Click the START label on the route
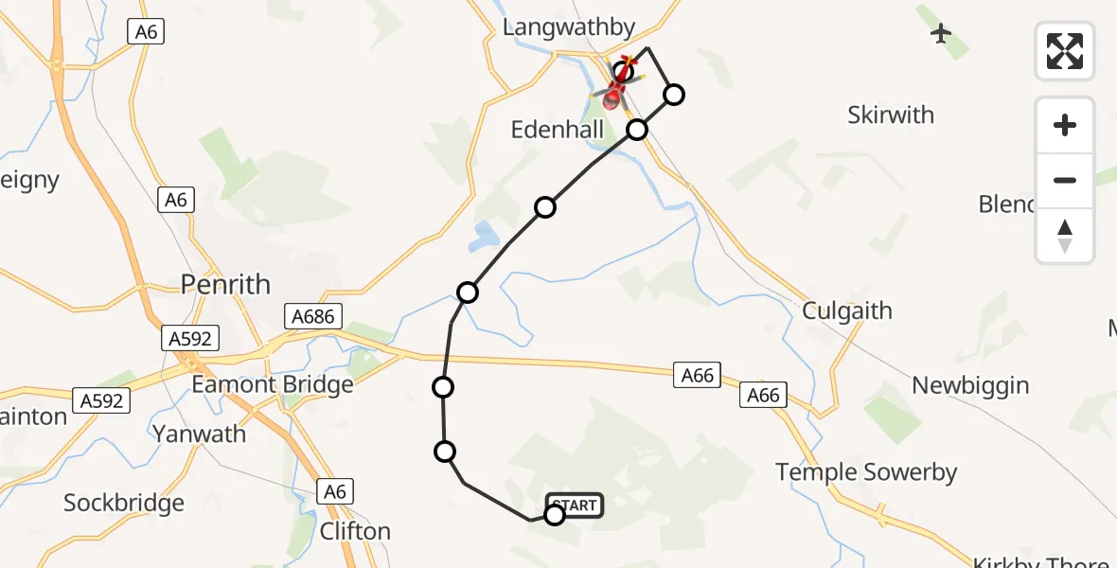click(x=575, y=505)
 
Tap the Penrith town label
click(x=225, y=284)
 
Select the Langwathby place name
click(x=568, y=27)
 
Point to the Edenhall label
click(x=558, y=130)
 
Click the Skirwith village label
click(x=890, y=115)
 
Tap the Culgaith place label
click(x=846, y=311)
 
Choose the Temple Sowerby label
click(x=866, y=471)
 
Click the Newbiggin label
click(x=970, y=385)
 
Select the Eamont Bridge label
click(x=272, y=384)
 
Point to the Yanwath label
click(x=200, y=435)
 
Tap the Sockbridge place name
click(x=123, y=503)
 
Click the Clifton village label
click(x=355, y=531)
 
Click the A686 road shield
click(x=313, y=316)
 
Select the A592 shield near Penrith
click(x=190, y=338)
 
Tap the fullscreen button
click(x=1065, y=51)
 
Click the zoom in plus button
click(x=1065, y=125)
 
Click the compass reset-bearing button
click(x=1065, y=235)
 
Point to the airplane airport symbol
click(x=940, y=34)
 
